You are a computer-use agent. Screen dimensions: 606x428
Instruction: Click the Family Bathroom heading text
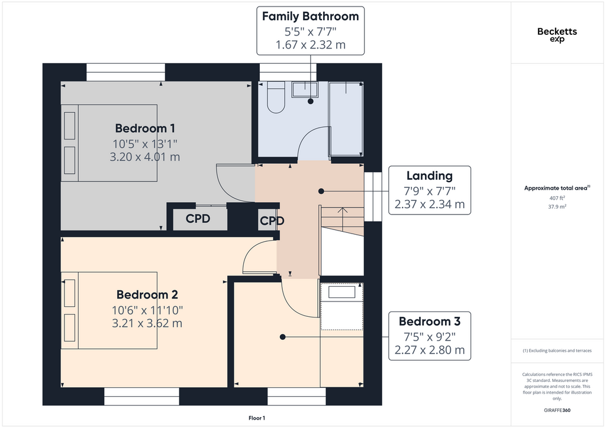click(x=310, y=16)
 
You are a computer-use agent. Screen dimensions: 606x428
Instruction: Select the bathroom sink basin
click(x=305, y=89)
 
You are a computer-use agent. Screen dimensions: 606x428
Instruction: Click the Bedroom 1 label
click(x=145, y=128)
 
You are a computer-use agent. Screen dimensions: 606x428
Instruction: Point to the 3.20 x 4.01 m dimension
click(x=145, y=157)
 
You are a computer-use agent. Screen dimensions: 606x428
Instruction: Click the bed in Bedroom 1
click(x=109, y=143)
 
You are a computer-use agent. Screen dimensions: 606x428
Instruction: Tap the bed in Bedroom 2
click(x=109, y=310)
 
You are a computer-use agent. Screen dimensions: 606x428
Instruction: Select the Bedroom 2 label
click(x=147, y=294)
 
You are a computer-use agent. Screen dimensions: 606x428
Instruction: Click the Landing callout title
click(x=430, y=176)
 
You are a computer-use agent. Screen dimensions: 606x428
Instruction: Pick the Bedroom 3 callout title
click(x=430, y=322)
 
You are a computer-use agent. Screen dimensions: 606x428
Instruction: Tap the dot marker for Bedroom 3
click(x=282, y=337)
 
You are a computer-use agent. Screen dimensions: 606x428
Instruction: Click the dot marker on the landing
click(x=321, y=191)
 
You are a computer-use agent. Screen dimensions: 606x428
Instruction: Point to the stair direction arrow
click(x=343, y=219)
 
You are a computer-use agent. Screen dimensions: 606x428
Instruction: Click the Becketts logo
click(x=557, y=34)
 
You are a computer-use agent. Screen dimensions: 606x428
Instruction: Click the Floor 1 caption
click(x=257, y=418)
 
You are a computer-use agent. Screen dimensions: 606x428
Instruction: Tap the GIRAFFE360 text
click(x=557, y=410)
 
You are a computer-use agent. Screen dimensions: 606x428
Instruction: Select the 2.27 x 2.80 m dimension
click(x=430, y=350)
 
